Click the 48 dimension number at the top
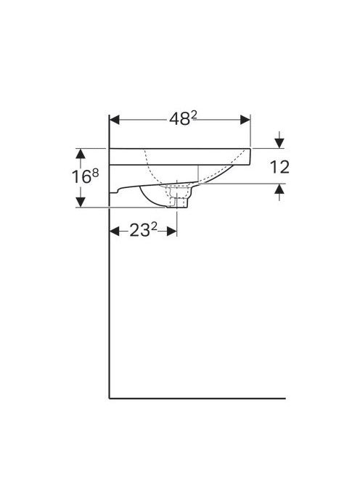pyautogui.click(x=179, y=119)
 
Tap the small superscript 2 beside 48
pyautogui.click(x=194, y=115)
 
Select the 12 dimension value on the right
pyautogui.click(x=279, y=167)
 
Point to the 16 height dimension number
pyautogui.click(x=81, y=177)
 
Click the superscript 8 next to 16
pyautogui.click(x=95, y=173)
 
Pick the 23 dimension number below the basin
pyautogui.click(x=139, y=230)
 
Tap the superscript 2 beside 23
pyautogui.click(x=154, y=226)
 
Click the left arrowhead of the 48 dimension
pyautogui.click(x=115, y=120)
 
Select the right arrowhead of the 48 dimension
pyautogui.click(x=245, y=120)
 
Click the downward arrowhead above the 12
pyautogui.click(x=279, y=143)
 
